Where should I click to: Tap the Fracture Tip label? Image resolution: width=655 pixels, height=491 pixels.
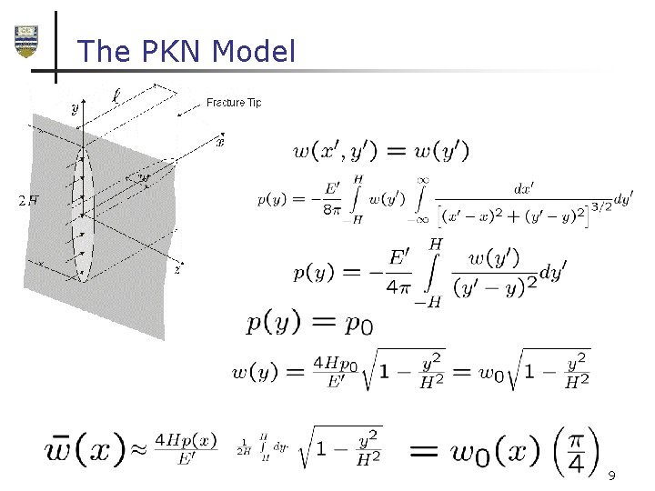click(234, 103)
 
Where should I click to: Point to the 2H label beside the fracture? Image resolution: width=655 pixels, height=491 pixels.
click(28, 201)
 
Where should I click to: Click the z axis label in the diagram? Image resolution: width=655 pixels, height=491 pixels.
click(176, 270)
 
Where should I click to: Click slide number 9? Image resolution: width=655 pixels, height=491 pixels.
click(611, 476)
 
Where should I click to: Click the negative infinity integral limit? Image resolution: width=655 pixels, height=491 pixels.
click(420, 219)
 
